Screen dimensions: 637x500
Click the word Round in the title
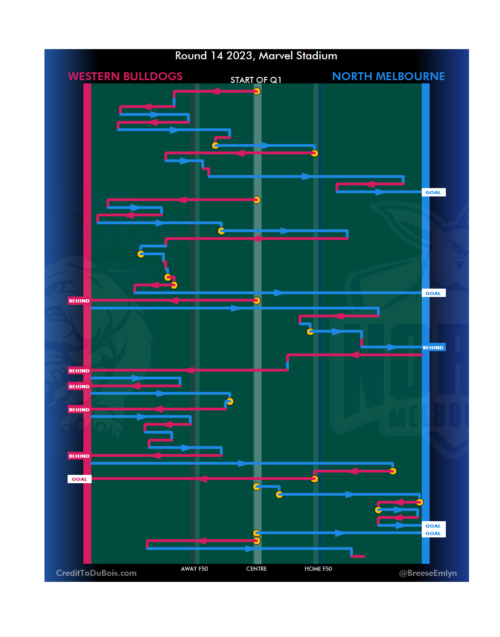tap(191, 56)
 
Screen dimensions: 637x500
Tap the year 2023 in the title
tap(239, 56)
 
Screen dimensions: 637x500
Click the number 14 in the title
tap(217, 56)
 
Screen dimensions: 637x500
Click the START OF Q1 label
tap(256, 80)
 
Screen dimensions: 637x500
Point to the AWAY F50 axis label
tap(194, 569)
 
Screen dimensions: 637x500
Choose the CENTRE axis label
tap(256, 569)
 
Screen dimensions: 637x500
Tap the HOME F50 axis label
tap(318, 569)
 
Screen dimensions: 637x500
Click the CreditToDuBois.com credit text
tap(96, 573)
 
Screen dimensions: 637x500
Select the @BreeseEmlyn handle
tap(428, 573)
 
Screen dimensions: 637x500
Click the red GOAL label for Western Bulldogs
tap(79, 479)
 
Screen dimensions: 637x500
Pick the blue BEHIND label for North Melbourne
tap(433, 347)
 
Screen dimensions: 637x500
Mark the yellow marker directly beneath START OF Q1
tap(256, 91)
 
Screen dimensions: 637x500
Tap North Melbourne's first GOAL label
tap(433, 192)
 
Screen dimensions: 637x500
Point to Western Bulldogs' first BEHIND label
tap(79, 301)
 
